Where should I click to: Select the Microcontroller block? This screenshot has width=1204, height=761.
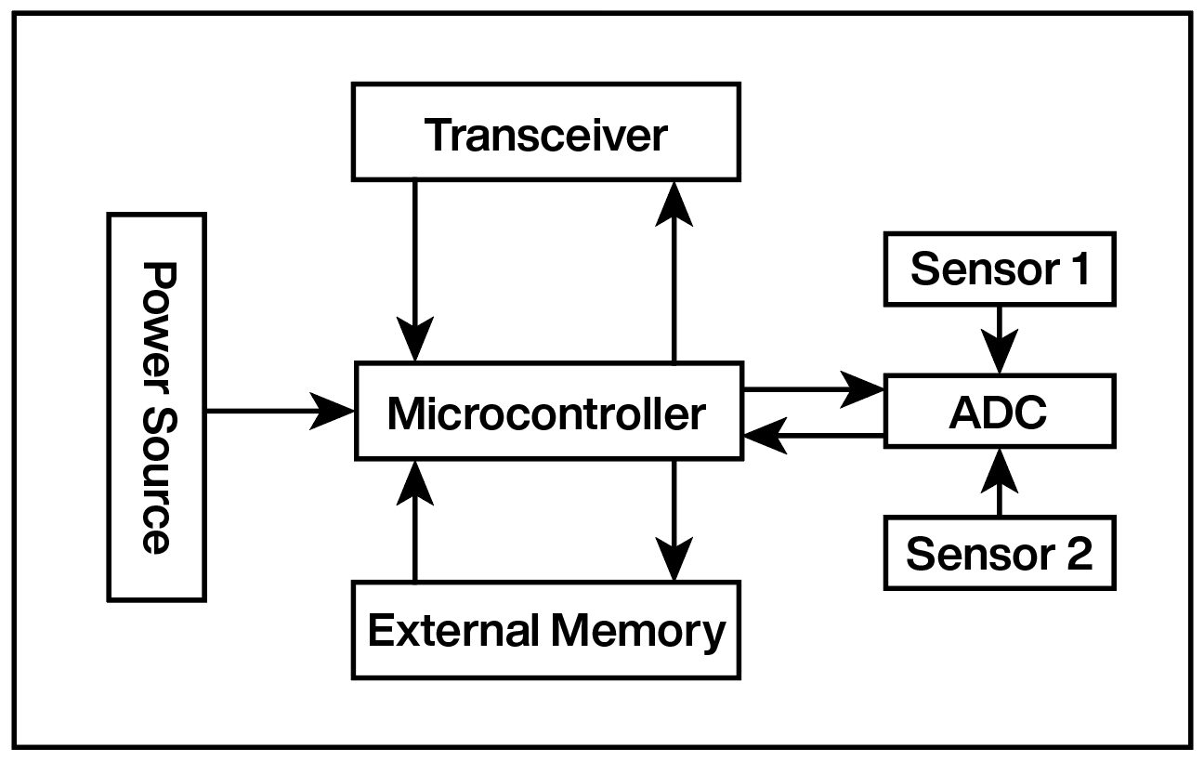(548, 411)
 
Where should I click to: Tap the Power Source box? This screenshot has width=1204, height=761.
(156, 407)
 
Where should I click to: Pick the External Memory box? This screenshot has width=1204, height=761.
(545, 630)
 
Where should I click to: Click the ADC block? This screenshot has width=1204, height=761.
(999, 411)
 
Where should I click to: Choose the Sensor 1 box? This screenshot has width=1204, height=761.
(999, 269)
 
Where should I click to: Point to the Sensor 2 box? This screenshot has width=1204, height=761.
(999, 554)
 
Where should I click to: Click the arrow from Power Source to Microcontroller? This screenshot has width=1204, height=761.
(279, 410)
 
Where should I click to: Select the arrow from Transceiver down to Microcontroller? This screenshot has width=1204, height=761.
(414, 269)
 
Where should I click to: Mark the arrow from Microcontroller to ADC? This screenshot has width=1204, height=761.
(813, 388)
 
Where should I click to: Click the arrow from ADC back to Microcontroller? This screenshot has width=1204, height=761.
(813, 434)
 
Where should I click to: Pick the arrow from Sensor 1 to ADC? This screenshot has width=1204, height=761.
(1000, 339)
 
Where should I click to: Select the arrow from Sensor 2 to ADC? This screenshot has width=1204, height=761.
(1000, 483)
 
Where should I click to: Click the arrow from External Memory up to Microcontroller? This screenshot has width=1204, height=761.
(414, 520)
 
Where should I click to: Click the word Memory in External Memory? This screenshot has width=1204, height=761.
(637, 630)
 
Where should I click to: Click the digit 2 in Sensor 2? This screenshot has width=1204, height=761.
(1078, 554)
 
